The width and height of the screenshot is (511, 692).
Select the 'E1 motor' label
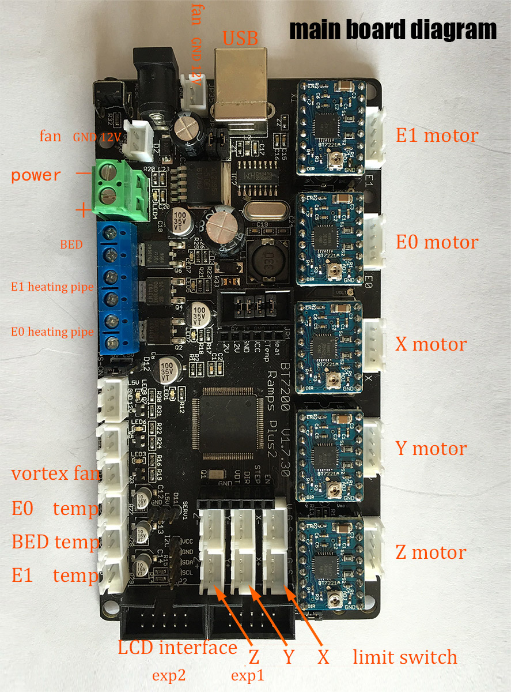point(437,136)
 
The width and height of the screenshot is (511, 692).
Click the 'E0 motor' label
point(437,242)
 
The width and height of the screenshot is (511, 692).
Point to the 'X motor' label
point(431,344)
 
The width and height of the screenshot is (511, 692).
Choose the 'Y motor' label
point(431,448)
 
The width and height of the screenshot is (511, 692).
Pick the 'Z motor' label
point(430,552)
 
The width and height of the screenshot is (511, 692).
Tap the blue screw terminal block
point(118,288)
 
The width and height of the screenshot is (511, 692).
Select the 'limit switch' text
point(405,657)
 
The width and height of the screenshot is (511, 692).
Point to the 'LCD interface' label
point(177,648)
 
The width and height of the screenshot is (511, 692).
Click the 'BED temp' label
point(55,542)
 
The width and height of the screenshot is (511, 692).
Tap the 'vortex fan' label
point(55,475)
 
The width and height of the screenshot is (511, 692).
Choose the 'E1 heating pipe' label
point(52,287)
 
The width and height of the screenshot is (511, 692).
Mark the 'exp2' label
point(169,675)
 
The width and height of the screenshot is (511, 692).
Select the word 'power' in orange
point(36,175)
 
